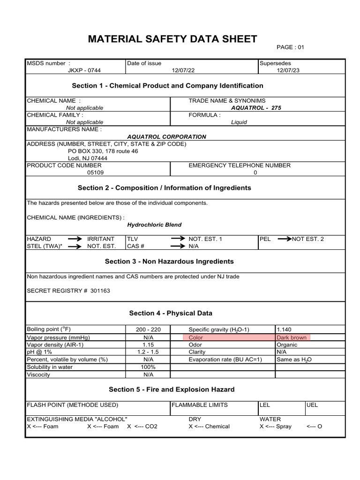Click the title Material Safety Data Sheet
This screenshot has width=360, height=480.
172,39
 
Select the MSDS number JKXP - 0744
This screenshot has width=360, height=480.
84,70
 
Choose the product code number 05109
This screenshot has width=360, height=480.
96,172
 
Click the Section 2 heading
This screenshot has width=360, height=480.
164,188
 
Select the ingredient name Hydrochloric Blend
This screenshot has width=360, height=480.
154,225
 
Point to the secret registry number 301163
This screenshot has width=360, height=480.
100,291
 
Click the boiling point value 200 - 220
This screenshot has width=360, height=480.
149,330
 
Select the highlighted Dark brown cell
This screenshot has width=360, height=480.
292,337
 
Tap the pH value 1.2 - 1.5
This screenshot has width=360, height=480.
149,352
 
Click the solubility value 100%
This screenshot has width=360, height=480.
149,367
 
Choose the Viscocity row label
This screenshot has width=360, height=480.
38,375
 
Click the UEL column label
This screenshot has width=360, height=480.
312,405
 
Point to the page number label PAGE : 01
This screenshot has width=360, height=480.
293,47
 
